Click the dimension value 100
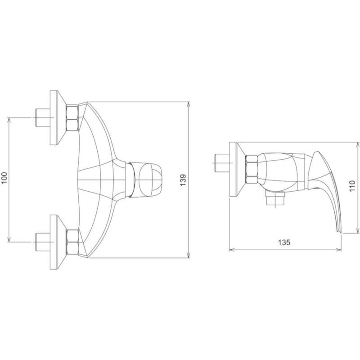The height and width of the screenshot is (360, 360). coord(4,180)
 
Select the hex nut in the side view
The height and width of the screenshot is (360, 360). coord(252,169)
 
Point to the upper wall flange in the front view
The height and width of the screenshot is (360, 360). coord(55,118)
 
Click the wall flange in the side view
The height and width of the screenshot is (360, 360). coord(235,169)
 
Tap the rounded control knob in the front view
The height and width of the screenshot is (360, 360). coord(150,180)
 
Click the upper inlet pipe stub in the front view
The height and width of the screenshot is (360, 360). coord(42,118)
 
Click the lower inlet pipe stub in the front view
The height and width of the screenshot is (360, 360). coord(42,242)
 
